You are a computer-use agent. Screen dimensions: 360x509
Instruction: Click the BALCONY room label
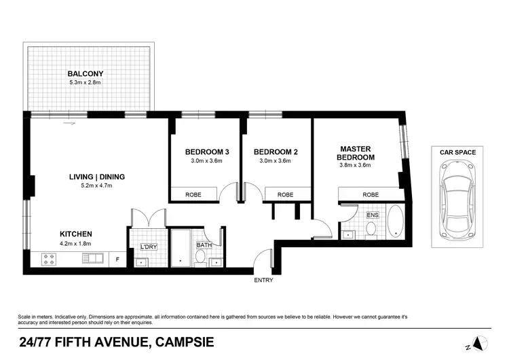click(x=83, y=74)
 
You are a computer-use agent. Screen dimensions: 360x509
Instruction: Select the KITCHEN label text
click(x=75, y=234)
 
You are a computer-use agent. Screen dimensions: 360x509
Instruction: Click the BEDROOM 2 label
click(x=276, y=152)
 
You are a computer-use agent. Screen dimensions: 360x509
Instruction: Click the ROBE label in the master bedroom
click(x=370, y=194)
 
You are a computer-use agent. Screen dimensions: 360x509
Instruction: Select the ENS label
click(x=372, y=215)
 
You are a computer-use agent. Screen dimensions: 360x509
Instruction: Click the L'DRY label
click(x=148, y=247)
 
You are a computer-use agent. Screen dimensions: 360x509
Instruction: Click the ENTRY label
click(x=263, y=280)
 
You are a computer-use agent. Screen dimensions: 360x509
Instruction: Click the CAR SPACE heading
click(x=457, y=152)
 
